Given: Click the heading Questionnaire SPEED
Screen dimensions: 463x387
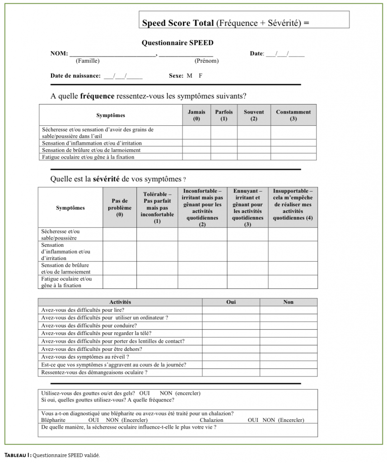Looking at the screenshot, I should tap(177, 43).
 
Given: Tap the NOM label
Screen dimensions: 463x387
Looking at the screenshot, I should tap(59, 53).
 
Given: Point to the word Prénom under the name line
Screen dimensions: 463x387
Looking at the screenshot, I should tap(206, 61).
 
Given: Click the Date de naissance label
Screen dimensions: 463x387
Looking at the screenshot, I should tap(75, 76).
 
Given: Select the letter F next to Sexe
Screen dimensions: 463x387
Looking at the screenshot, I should tap(200, 76).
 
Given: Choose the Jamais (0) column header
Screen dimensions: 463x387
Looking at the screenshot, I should tap(196, 115).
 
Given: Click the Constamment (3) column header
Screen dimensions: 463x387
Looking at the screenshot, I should tap(293, 115).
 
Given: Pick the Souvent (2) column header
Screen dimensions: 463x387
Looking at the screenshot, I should tap(254, 115).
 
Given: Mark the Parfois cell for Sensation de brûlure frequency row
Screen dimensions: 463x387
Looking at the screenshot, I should tap(224, 150).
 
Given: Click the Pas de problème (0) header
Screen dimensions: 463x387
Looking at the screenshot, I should tap(120, 208).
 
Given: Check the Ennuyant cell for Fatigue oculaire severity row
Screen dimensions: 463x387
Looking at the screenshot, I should tap(247, 282).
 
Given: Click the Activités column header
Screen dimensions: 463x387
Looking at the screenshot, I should tap(120, 302).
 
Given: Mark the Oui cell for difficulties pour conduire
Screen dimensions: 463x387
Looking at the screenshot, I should tap(231, 326).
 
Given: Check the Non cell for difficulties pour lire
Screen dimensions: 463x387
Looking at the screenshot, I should tap(288, 310).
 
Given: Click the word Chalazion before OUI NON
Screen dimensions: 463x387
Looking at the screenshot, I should tap(211, 420).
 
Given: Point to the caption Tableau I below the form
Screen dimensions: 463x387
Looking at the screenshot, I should tap(17, 455).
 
